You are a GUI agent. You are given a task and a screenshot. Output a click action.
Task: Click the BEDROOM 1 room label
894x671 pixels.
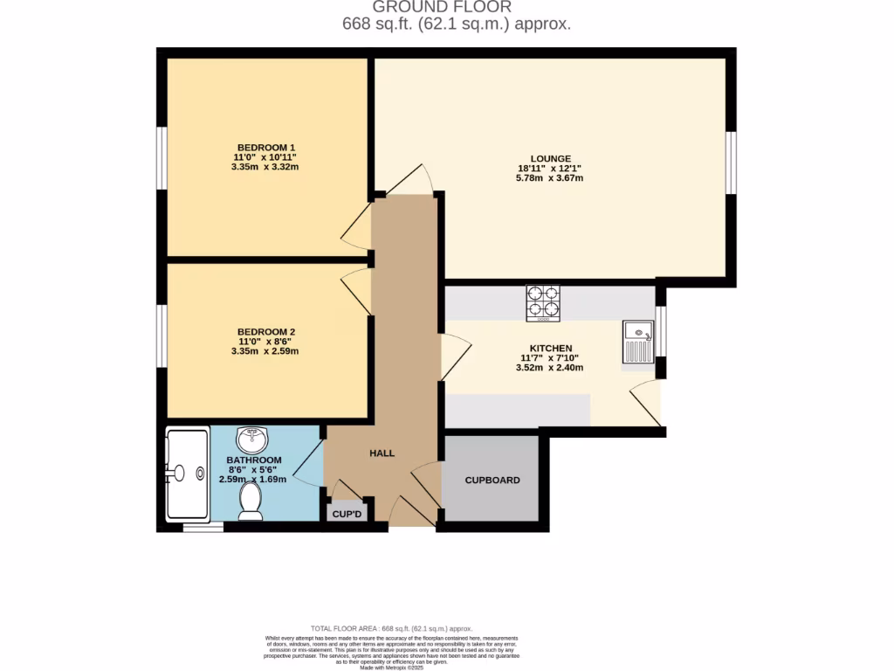point(266,147)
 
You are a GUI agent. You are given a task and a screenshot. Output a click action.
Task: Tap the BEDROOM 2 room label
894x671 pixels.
point(266,332)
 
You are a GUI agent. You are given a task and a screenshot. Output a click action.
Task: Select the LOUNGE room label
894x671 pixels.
point(549,158)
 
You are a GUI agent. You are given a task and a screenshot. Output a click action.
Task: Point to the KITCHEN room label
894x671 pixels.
point(549,348)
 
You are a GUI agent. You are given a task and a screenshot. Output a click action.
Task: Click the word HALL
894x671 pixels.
point(382,453)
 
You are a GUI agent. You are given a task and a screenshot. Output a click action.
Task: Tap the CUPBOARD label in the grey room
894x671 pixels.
point(492,481)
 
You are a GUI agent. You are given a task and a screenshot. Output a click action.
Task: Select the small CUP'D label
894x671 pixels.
point(347,515)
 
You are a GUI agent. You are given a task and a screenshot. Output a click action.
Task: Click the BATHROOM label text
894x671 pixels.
point(254,460)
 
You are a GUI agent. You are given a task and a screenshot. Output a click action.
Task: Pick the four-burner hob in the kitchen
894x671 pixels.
point(542,302)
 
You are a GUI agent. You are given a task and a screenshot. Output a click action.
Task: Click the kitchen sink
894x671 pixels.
point(638,342)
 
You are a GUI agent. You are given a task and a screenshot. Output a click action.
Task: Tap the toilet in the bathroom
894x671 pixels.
point(251,502)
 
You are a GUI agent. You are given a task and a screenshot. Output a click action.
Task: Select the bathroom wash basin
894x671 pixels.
point(254,437)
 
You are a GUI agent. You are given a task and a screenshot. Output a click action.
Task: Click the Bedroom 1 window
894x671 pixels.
point(162,158)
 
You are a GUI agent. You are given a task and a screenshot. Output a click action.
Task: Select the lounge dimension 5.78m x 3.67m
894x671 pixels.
point(549,178)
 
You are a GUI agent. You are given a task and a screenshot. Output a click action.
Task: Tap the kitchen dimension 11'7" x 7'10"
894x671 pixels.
point(549,358)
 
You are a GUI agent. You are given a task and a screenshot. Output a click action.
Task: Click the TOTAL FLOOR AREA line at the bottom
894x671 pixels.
point(391,628)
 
